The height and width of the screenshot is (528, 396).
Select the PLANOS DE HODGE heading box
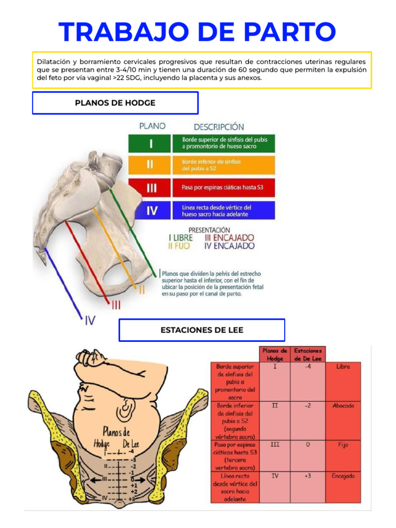tap(115, 103)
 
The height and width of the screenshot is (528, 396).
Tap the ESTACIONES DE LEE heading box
tap(202, 330)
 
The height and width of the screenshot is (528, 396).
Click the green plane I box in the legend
tap(151, 143)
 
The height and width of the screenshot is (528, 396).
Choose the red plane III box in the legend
tap(151, 188)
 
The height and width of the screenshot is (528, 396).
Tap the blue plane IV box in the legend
tap(151, 210)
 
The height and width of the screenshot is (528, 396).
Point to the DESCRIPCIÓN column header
tap(219, 126)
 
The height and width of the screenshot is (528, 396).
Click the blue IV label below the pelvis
tap(90, 321)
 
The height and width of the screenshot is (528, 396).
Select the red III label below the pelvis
tap(117, 305)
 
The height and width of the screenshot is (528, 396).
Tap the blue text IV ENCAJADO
tap(229, 246)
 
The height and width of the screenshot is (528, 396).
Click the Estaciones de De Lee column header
tap(308, 354)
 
